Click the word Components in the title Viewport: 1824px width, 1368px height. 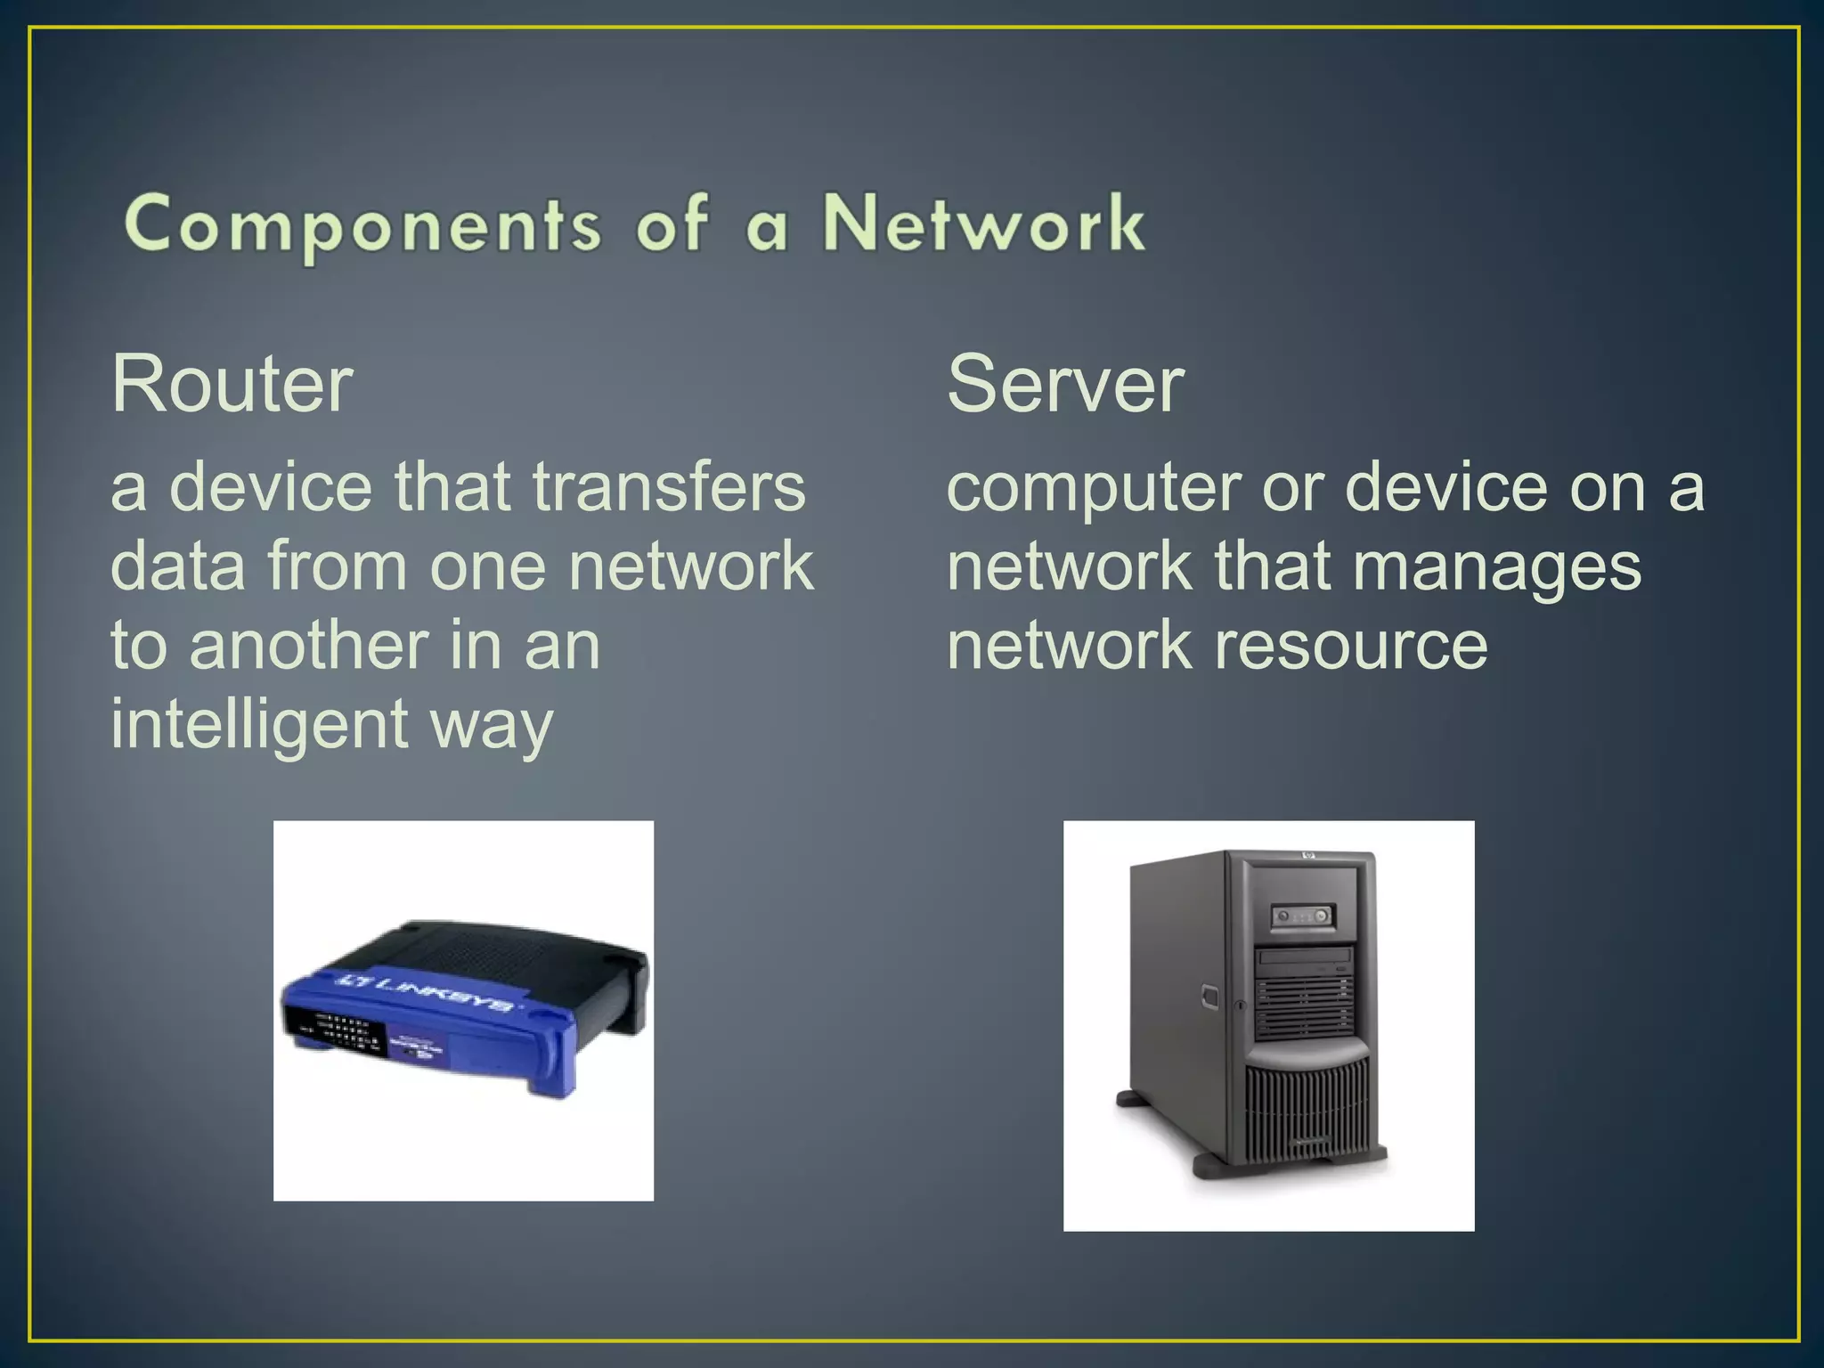coord(363,224)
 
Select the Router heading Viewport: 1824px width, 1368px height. coord(232,384)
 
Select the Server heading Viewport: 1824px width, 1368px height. coord(1065,384)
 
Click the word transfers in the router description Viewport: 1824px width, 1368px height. coord(669,487)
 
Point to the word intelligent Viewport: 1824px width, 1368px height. coord(259,723)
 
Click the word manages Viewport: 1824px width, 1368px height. coord(1496,566)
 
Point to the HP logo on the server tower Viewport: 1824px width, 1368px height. coord(1309,856)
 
